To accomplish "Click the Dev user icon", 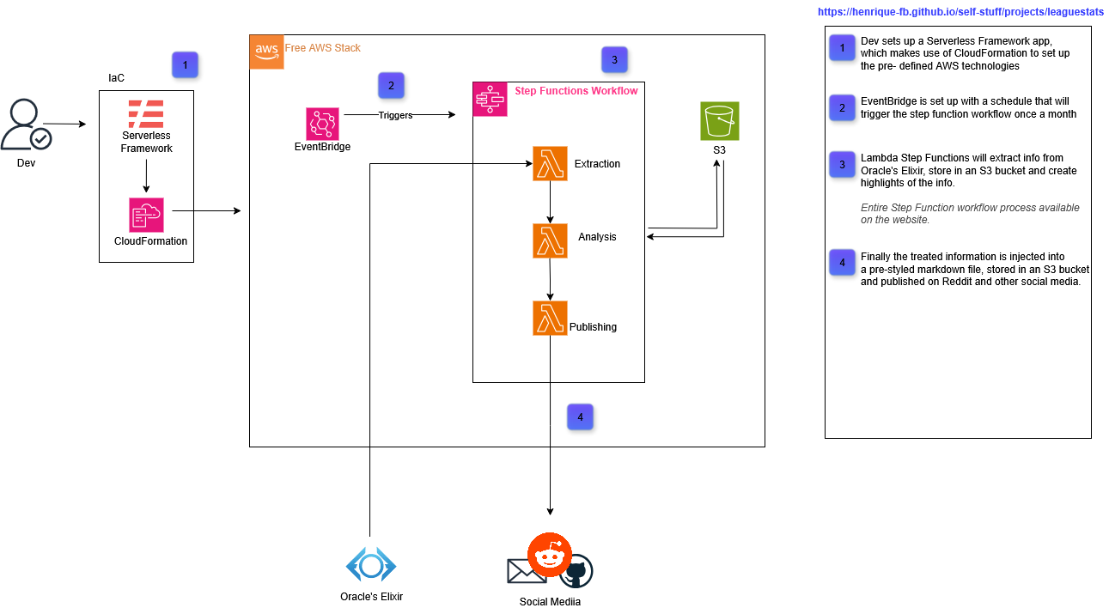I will [26, 125].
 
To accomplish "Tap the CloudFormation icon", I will [146, 215].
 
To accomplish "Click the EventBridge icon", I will [322, 124].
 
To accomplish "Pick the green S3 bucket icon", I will [719, 121].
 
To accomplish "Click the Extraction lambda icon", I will [550, 163].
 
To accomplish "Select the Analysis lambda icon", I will [550, 240].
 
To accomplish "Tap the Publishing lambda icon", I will [550, 318].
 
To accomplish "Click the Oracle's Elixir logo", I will [370, 565].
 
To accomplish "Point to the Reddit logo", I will [550, 555].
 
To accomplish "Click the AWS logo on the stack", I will [266, 52].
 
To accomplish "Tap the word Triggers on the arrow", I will [395, 115].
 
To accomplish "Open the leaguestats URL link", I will [960, 13].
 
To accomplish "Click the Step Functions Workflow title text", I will [576, 90].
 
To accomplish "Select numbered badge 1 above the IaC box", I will [185, 64].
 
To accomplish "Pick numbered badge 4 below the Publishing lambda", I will [580, 417].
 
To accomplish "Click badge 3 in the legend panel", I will [842, 164].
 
